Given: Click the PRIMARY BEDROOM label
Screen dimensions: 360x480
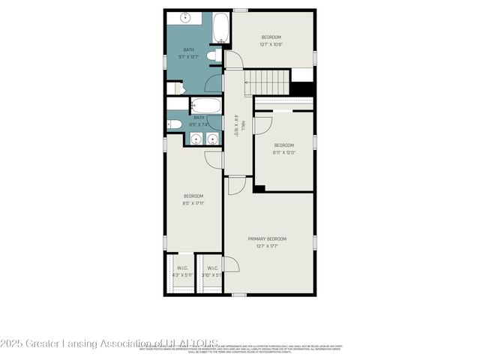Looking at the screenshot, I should pyautogui.click(x=268, y=238).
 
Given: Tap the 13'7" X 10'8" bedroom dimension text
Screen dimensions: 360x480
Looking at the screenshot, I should pyautogui.click(x=271, y=43).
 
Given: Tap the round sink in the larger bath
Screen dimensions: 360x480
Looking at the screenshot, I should pyautogui.click(x=184, y=16).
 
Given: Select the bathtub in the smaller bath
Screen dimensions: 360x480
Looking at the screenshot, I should pyautogui.click(x=205, y=105).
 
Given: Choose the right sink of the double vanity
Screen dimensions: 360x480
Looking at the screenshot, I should pyautogui.click(x=211, y=139).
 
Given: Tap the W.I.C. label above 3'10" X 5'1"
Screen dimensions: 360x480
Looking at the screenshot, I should pyautogui.click(x=212, y=268).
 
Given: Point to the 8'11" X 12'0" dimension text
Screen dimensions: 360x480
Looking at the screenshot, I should pyautogui.click(x=283, y=151).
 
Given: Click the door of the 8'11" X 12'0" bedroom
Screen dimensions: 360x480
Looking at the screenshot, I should pyautogui.click(x=262, y=124).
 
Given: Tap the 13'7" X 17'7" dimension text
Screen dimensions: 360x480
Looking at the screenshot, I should pyautogui.click(x=268, y=245).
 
